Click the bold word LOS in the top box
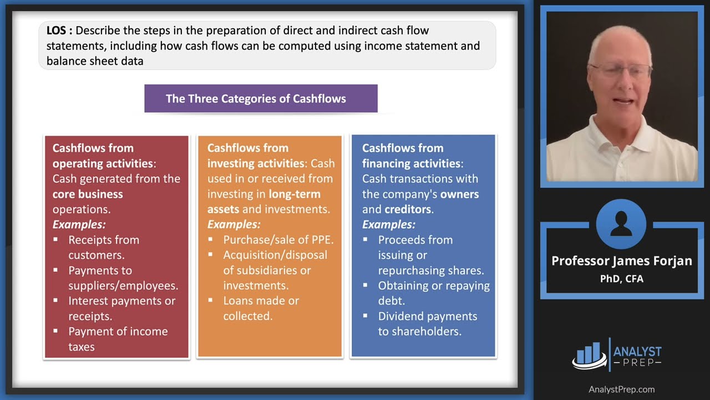tap(57, 31)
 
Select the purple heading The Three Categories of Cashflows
tap(256, 99)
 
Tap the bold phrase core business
tap(88, 194)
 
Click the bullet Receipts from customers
tap(104, 247)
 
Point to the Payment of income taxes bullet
tap(118, 339)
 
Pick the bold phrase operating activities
tap(102, 163)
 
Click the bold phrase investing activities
tap(255, 163)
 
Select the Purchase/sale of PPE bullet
tap(278, 240)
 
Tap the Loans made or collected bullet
tap(261, 308)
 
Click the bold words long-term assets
tap(264, 202)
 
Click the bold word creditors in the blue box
tap(408, 209)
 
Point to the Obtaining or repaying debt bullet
tap(434, 293)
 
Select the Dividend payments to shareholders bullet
tap(427, 323)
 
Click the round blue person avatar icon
tap(621, 224)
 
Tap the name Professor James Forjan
tap(621, 261)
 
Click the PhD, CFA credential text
tap(621, 279)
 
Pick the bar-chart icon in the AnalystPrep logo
tap(589, 354)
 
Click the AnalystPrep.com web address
tap(621, 389)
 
